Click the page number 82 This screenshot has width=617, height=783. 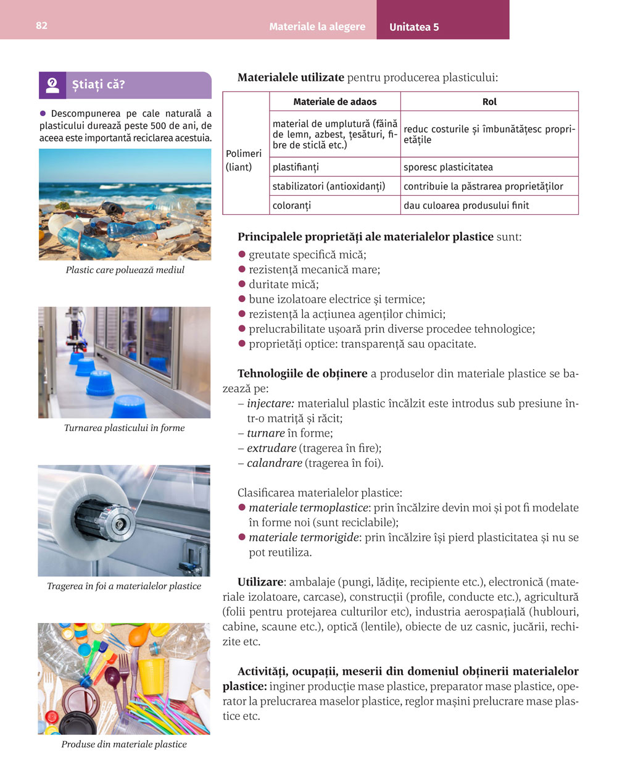41,25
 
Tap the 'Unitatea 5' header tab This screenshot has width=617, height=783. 414,27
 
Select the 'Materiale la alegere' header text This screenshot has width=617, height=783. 317,27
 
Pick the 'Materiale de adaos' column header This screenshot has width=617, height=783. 334,102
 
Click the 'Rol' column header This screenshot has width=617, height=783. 489,102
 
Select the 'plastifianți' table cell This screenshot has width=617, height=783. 296,167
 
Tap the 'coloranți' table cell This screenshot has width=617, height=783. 292,206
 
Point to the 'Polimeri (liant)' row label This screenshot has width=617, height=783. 244,160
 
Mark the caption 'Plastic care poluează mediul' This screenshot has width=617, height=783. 125,270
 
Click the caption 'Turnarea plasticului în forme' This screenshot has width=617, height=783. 125,428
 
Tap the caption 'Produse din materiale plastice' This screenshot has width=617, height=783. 124,744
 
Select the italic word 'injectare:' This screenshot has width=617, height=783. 270,404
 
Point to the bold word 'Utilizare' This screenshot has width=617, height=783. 260,582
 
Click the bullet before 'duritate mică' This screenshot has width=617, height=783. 242,285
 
